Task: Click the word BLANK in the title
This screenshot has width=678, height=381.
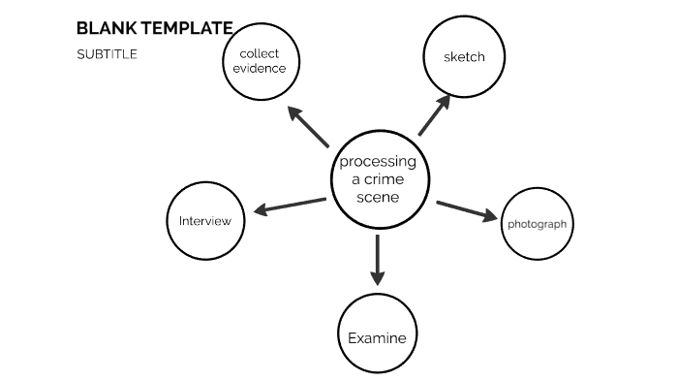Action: point(102,29)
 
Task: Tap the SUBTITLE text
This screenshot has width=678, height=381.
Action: point(107,54)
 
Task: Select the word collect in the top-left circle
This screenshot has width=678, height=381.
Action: point(259,54)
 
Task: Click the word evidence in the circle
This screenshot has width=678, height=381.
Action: point(259,69)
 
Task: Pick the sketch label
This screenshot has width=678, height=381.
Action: point(464,57)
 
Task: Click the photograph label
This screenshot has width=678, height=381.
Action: point(537,224)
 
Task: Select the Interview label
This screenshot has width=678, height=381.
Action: point(205,221)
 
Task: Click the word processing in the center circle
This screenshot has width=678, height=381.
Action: point(378,162)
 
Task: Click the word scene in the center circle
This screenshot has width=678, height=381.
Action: point(378,197)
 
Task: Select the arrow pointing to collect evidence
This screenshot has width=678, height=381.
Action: point(309,127)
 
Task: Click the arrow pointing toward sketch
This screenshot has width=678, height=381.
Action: point(434,114)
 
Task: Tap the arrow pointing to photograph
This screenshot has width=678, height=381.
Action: point(467,210)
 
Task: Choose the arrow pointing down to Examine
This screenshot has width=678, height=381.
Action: point(378,260)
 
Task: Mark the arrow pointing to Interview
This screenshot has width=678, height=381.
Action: point(290,205)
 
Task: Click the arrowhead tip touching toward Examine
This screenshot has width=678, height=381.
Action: point(378,280)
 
